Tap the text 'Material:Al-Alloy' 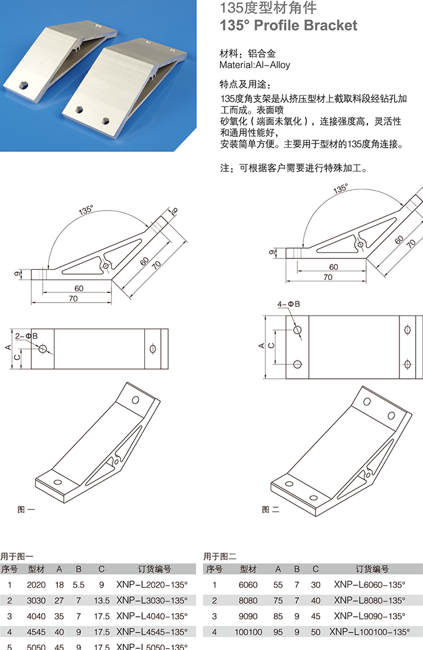254,65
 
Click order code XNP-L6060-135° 369,585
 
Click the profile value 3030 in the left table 36,600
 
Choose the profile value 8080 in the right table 248,600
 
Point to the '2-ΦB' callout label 26,335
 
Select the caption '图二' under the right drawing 271,510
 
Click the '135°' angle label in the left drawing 86,211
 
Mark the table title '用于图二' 220,556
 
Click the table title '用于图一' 17,556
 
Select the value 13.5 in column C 102,600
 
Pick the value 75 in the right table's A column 278,600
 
